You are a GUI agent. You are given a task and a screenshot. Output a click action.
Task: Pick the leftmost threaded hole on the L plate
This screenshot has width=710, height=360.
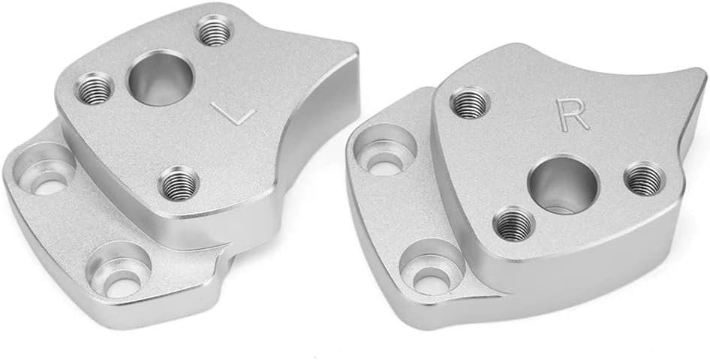[x=95, y=89]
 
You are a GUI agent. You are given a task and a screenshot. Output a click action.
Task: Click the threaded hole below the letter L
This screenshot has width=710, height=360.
[x=179, y=182]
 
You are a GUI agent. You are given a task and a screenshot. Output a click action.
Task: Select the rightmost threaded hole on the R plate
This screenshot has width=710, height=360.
[x=644, y=178]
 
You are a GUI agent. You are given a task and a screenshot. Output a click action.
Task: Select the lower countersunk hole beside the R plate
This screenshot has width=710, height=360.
[x=430, y=271]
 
